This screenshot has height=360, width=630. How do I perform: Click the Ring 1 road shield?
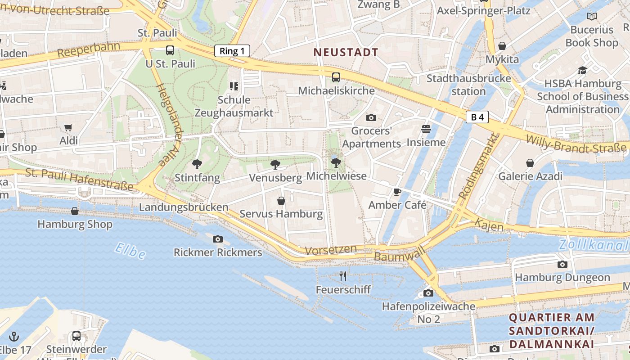coord(232,51)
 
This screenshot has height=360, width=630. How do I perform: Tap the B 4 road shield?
coord(477,117)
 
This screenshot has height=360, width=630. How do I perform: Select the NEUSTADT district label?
coord(346,52)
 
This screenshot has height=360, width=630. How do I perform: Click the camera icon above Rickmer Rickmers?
coord(218,239)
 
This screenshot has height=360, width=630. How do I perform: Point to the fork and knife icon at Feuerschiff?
coord(343,276)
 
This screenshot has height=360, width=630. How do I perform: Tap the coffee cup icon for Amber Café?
coord(397,192)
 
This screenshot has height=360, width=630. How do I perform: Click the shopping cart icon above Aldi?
coord(68,128)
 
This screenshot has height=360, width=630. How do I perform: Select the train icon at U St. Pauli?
coord(170,50)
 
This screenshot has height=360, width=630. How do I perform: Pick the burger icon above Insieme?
coord(426,129)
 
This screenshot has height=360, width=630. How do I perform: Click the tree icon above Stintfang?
coord(197,164)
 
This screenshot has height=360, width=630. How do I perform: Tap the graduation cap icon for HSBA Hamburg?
coord(582,70)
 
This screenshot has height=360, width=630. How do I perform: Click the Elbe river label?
coord(130,251)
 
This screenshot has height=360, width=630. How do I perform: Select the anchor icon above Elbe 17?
coord(14,336)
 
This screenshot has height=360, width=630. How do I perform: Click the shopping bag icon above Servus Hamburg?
coord(281,200)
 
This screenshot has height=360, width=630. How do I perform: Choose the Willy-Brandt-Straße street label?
coord(576,143)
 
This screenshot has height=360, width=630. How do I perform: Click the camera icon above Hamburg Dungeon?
coord(562,264)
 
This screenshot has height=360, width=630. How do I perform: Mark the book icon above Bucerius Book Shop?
coord(591,17)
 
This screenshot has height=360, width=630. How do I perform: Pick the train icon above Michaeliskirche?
coord(336,77)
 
